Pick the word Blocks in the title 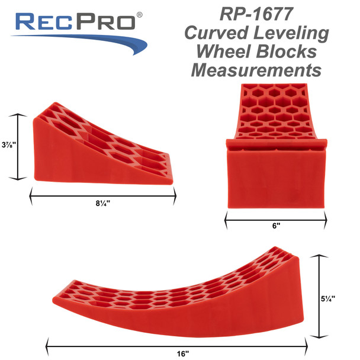click(x=295, y=52)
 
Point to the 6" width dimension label click(x=276, y=226)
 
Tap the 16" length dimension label click(x=182, y=353)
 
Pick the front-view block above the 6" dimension click(x=276, y=148)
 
